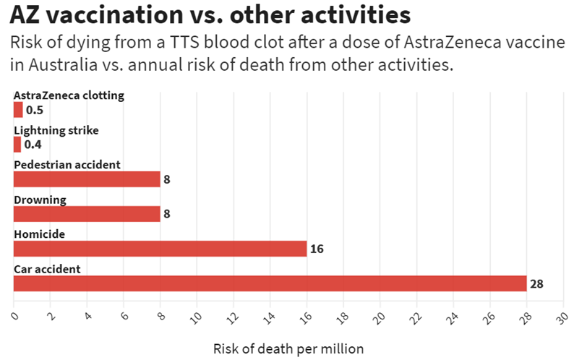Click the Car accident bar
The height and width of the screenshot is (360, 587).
[270, 283]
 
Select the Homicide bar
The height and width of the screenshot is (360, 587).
[160, 249]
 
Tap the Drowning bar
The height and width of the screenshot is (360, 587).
[87, 214]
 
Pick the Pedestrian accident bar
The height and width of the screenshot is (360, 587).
[87, 179]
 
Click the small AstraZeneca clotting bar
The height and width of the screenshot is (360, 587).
[18, 110]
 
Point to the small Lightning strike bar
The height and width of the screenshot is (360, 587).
[17, 145]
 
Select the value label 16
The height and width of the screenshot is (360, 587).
[316, 249]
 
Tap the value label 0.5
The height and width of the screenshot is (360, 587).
[34, 110]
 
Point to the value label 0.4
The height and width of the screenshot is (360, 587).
[33, 145]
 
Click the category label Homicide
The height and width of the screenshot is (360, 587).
[39, 234]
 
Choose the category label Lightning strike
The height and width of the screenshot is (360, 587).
[56, 130]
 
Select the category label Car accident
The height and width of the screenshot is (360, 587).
[47, 269]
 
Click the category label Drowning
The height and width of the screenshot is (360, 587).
[40, 200]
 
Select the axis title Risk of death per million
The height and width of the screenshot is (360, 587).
[288, 348]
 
